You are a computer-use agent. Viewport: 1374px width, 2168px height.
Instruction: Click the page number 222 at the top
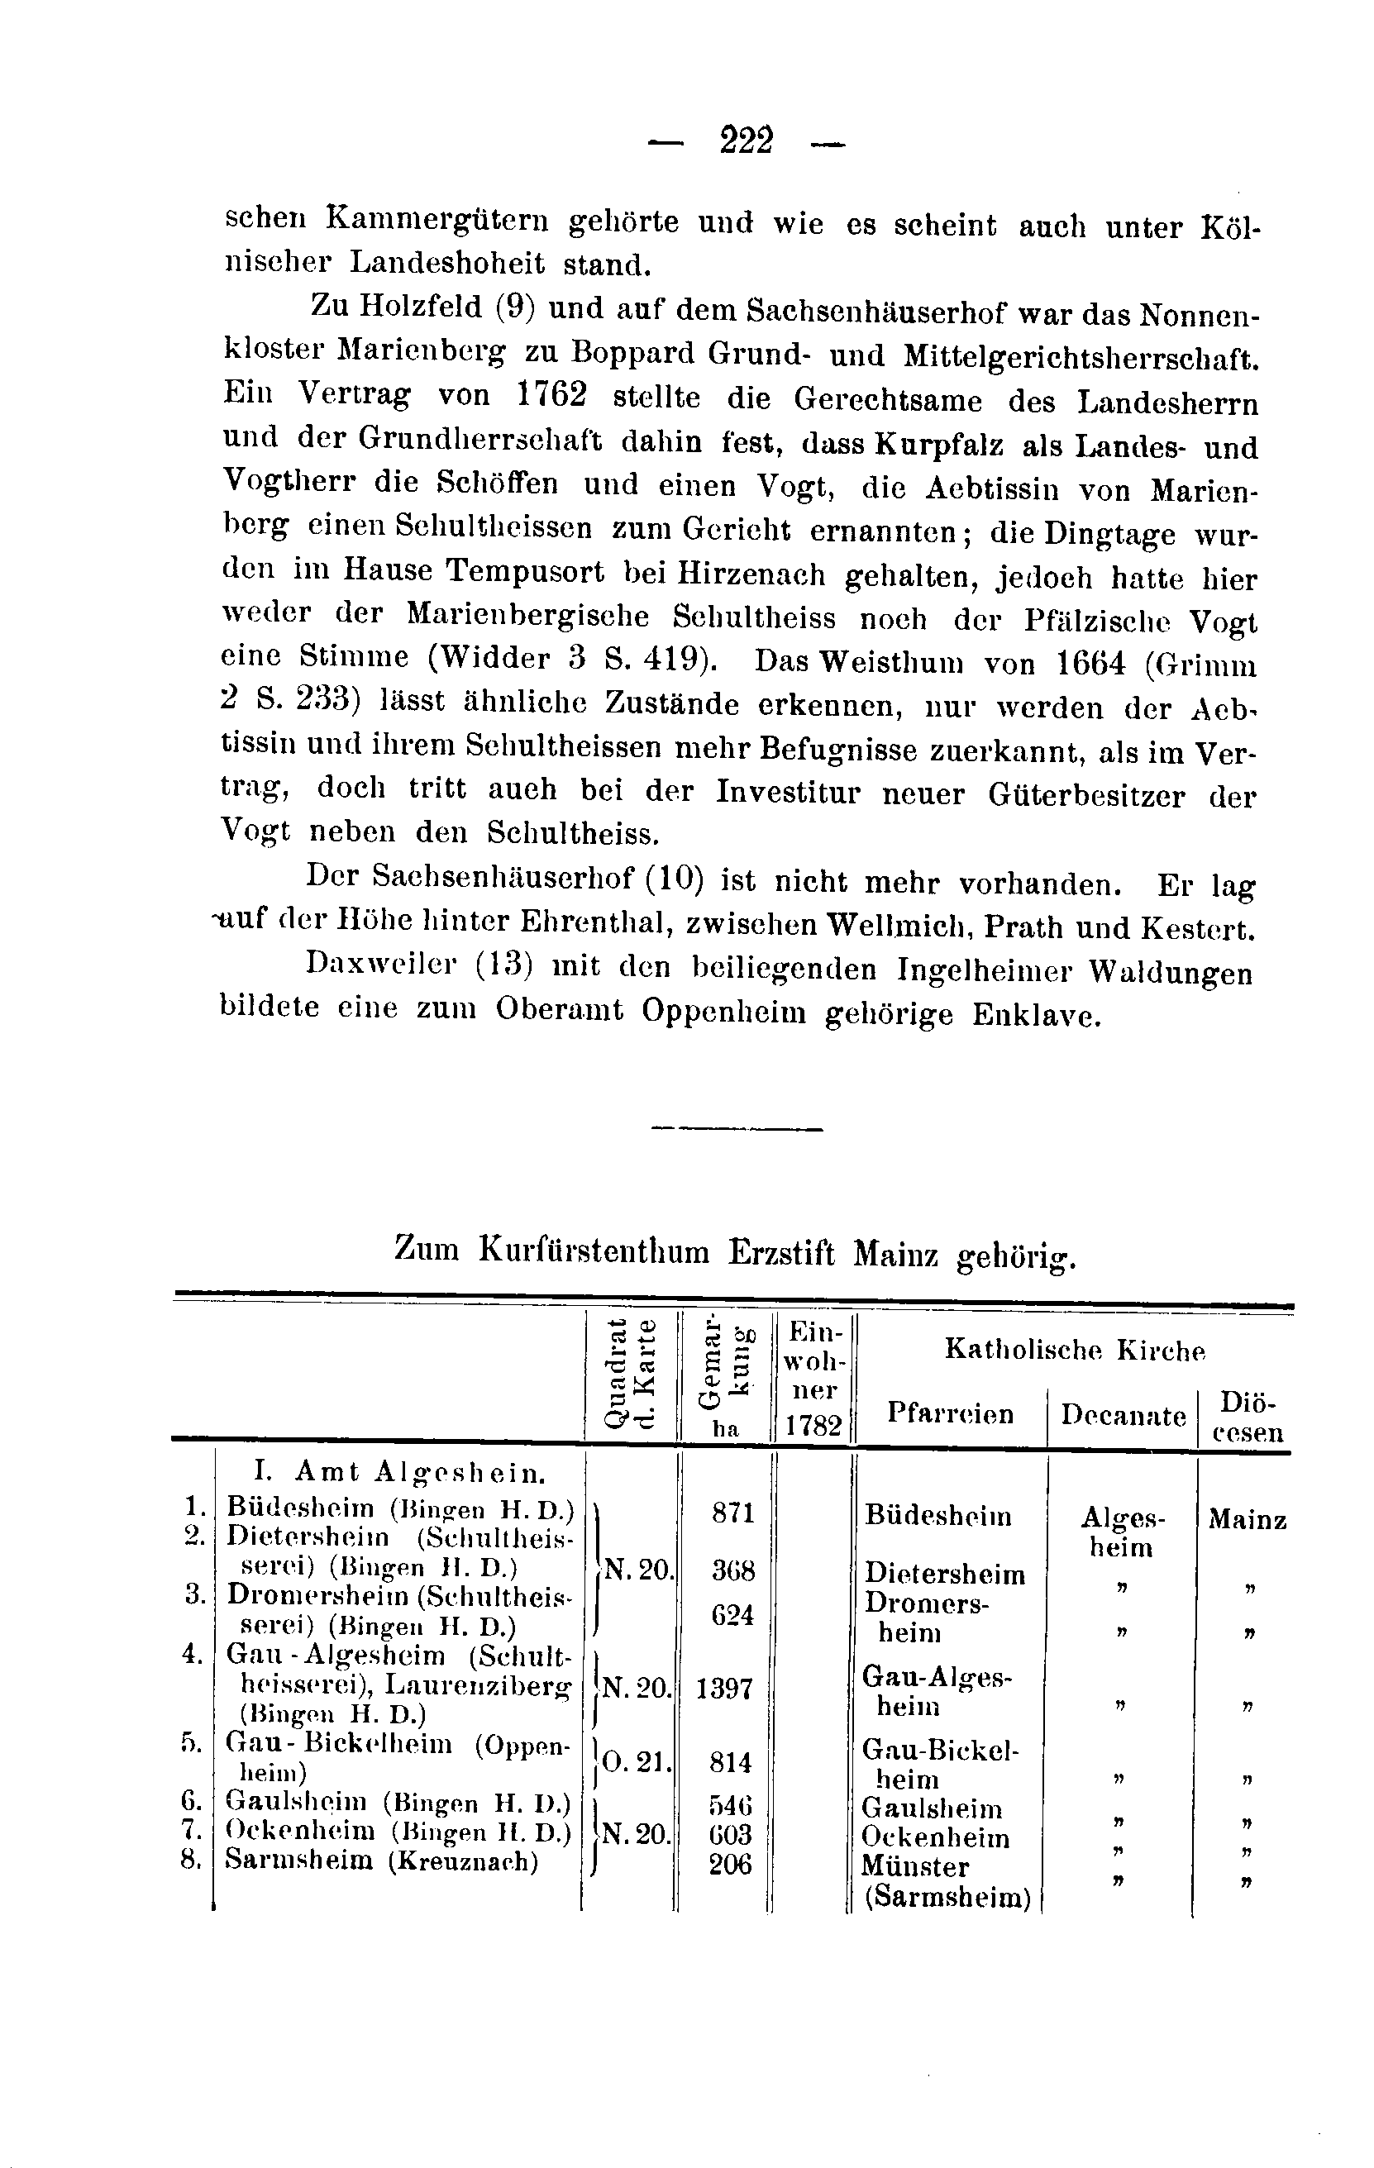tap(747, 141)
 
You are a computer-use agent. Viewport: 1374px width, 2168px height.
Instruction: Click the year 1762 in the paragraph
tap(552, 395)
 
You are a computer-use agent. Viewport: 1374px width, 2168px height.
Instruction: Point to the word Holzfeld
tap(421, 307)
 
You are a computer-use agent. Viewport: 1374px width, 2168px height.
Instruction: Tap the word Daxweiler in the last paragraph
tap(383, 965)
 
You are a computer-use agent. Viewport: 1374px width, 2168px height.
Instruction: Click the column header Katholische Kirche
tap(1074, 1350)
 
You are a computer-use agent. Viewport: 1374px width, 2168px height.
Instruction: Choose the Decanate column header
tap(1123, 1415)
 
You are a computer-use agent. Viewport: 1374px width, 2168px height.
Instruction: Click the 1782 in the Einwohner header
tap(813, 1425)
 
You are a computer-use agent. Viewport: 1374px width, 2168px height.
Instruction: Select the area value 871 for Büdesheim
tap(732, 1513)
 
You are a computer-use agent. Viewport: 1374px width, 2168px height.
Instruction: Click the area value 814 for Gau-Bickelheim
tap(730, 1762)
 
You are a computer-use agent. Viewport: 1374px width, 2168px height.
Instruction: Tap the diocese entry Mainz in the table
tap(1247, 1520)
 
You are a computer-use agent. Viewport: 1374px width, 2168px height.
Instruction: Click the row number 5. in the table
tap(191, 1744)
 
